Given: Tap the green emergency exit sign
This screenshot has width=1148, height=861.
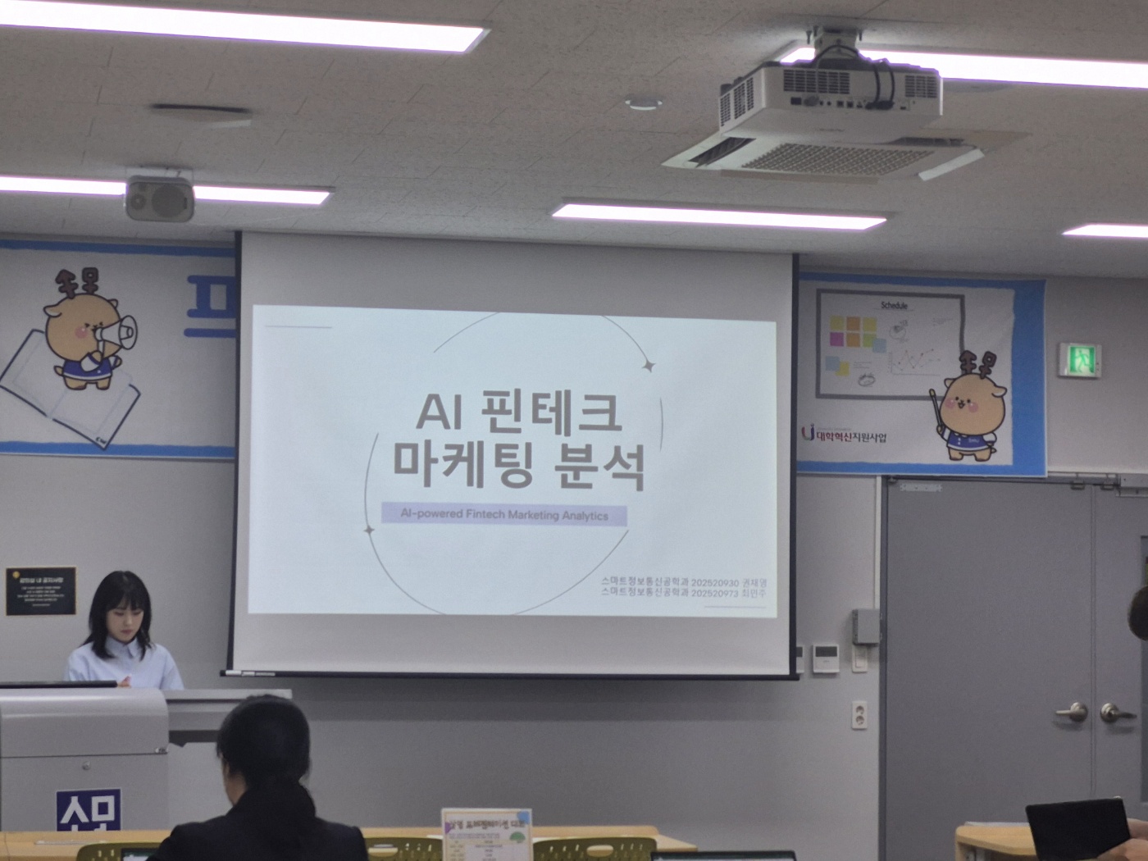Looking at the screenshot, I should coord(1079,359).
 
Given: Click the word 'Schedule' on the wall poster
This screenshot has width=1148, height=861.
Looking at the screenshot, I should coord(894,305).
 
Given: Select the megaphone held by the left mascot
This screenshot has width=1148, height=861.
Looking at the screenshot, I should coord(117,330).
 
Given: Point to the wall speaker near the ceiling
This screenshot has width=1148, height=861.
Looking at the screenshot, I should coord(159,197).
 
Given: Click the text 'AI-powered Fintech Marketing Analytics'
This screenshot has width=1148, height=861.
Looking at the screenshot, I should coord(504,515).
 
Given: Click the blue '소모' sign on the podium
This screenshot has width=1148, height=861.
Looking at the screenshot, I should coord(89,810).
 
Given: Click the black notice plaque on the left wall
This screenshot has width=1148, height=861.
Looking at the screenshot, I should coord(40,590).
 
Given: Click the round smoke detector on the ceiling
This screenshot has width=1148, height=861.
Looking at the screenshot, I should coord(644,103).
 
